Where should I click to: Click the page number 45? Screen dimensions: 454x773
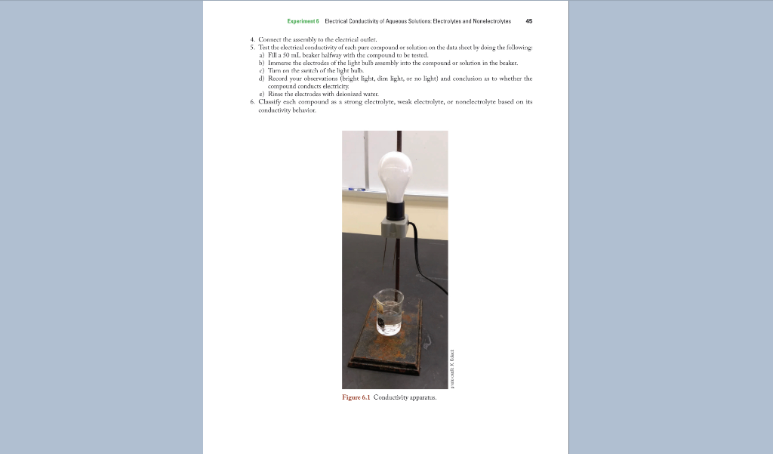[x=528, y=21]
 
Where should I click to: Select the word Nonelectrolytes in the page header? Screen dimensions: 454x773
[x=489, y=21]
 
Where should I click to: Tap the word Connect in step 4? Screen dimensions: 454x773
[x=270, y=39]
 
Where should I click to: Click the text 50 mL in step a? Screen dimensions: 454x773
[x=291, y=55]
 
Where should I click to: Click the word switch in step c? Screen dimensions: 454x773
[x=310, y=71]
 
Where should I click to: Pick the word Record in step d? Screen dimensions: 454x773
[x=279, y=79]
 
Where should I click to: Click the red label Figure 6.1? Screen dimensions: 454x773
[x=356, y=397]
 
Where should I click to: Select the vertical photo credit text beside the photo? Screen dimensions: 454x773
[x=452, y=370]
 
